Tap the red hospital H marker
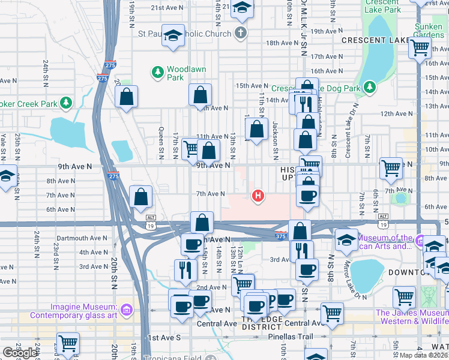click(259, 196)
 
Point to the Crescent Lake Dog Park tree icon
click(370, 88)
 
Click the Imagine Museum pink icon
click(126, 310)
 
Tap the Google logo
click(19, 353)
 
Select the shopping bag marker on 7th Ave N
click(140, 197)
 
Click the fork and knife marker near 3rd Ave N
click(185, 269)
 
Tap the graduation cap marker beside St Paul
click(173, 35)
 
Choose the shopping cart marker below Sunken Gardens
click(418, 49)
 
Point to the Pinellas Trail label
click(293, 337)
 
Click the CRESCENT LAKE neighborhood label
click(371, 40)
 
